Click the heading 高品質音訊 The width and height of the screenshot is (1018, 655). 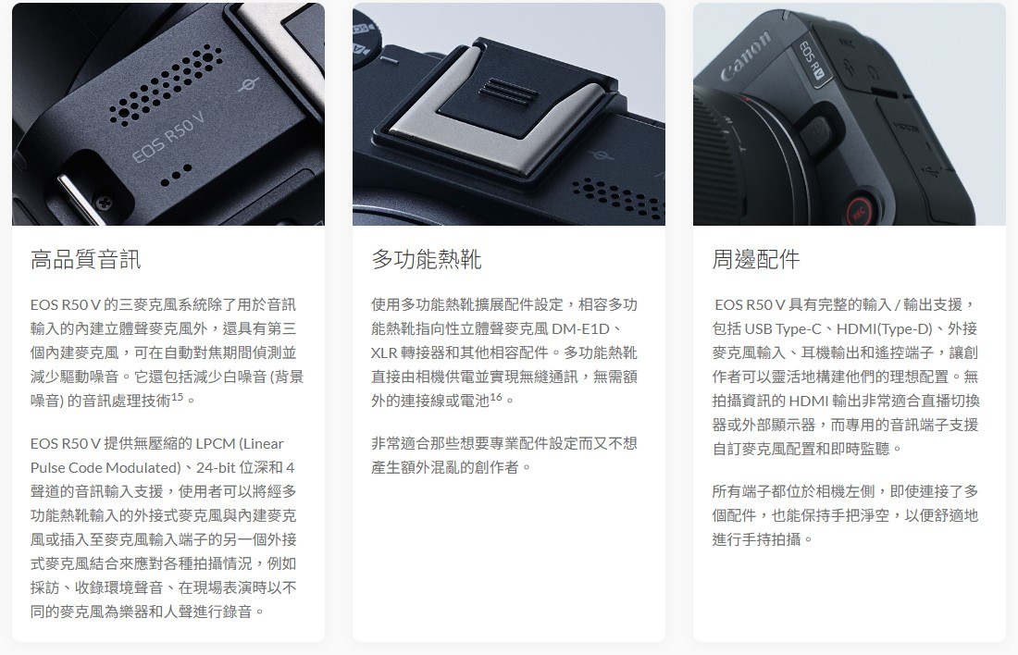[x=85, y=260]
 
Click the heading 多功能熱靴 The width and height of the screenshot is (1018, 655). [x=426, y=260]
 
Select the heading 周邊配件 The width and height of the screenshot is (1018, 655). [x=756, y=260]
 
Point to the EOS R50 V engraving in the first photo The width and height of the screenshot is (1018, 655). [x=168, y=138]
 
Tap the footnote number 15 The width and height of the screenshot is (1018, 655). [x=178, y=396]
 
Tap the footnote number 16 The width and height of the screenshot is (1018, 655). [x=496, y=396]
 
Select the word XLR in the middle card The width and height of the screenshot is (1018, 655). [x=384, y=352]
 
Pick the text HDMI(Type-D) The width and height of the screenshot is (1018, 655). [x=884, y=329]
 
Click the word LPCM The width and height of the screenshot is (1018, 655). [x=216, y=443]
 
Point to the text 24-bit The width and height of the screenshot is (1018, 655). [x=216, y=467]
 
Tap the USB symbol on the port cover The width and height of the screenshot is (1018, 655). [x=933, y=171]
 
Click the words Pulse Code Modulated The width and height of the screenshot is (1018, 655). [x=106, y=467]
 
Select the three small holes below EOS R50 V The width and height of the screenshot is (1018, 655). [x=175, y=175]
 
